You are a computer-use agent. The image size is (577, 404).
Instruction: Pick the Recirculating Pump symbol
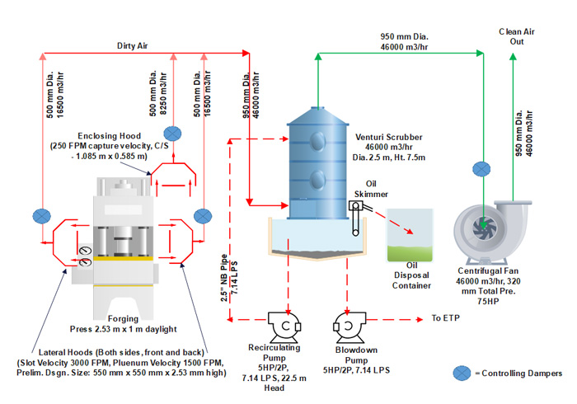(x=285, y=324)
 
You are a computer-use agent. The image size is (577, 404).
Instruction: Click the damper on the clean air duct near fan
(x=481, y=169)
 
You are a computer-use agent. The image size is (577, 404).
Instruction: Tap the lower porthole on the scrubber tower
(x=317, y=176)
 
